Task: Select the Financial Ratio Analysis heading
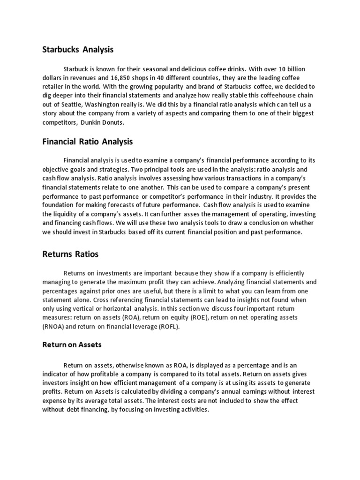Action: [88, 141]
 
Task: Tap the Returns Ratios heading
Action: [70, 255]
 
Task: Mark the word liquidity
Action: [62, 215]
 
